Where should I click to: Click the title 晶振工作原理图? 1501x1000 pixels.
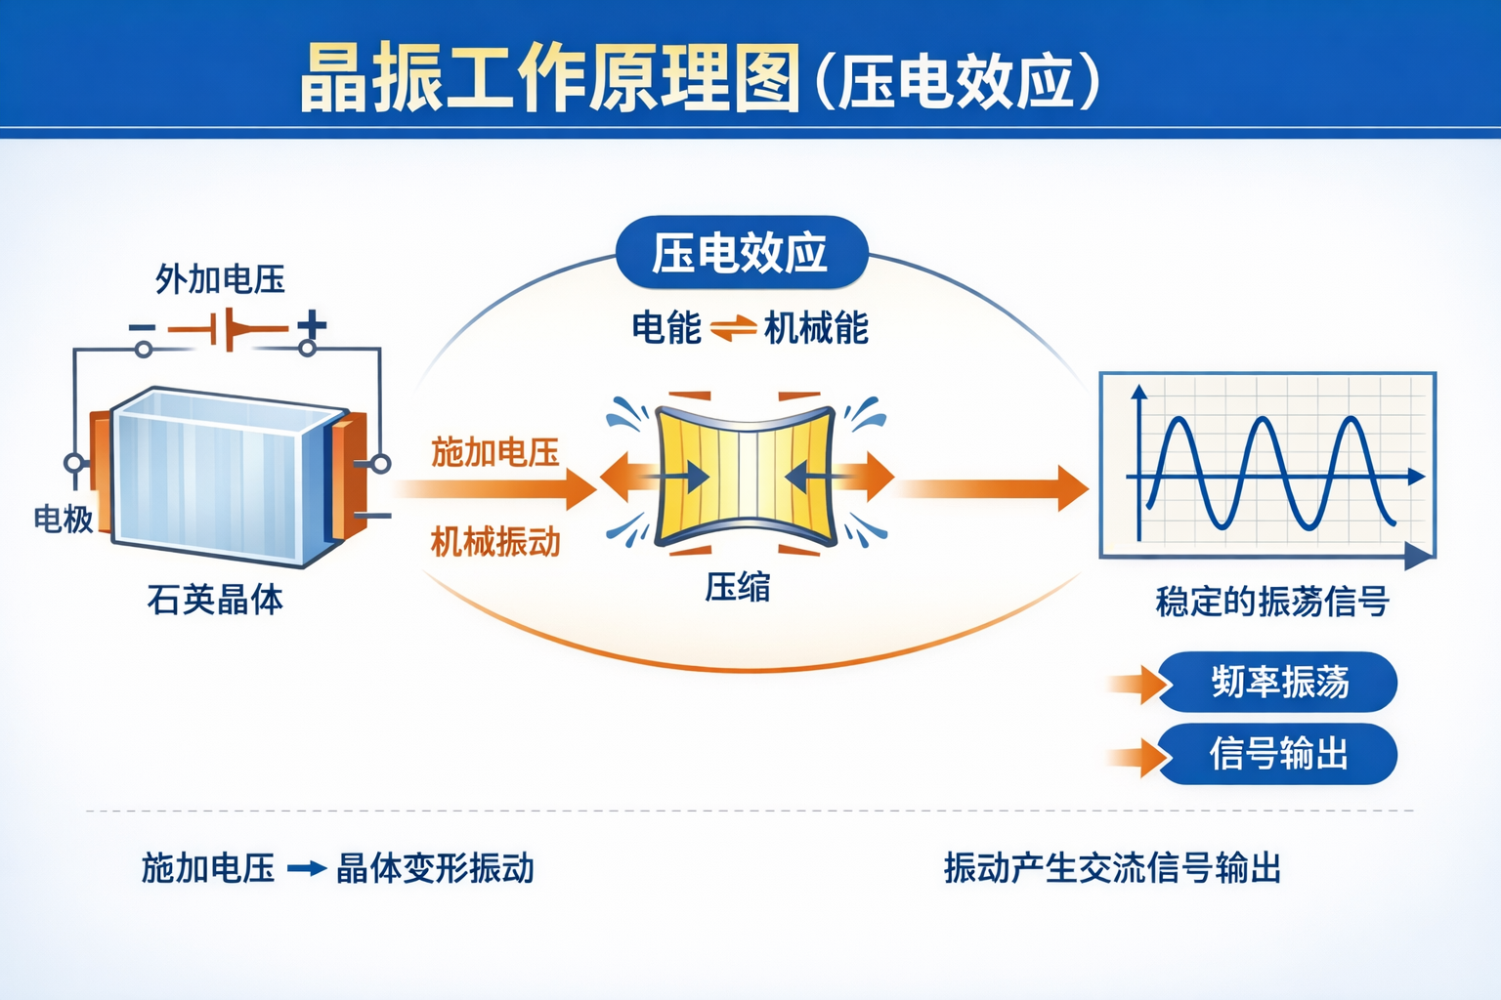click(549, 78)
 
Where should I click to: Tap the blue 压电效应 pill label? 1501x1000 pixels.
click(741, 253)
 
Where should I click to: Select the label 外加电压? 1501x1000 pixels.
click(220, 279)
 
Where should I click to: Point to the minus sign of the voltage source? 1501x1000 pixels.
click(142, 327)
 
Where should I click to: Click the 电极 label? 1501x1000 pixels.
click(64, 519)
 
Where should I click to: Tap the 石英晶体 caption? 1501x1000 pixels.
click(215, 599)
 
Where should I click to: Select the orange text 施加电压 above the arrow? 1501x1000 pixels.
click(495, 453)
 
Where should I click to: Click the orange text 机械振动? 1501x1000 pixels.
click(495, 541)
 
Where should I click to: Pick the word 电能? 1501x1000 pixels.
click(666, 328)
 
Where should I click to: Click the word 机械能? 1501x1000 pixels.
click(816, 328)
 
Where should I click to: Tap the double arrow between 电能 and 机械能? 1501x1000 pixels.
click(733, 329)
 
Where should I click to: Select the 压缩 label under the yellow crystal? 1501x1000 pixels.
click(738, 587)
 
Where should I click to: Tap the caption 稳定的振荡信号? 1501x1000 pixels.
click(1272, 602)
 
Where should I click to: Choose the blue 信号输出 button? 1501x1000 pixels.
click(1278, 754)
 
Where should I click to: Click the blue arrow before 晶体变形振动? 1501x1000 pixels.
click(306, 868)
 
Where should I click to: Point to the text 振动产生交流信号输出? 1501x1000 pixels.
click(1112, 867)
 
